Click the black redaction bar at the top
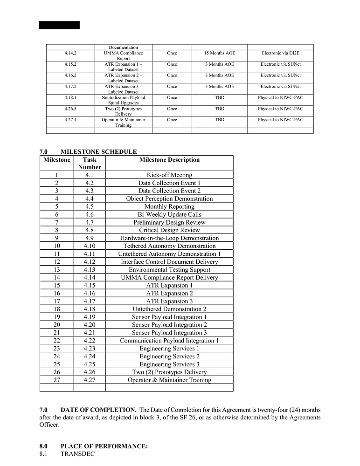tap(59, 25)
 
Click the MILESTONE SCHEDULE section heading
tap(98, 151)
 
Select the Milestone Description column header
tap(169, 160)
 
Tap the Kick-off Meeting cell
tap(169, 175)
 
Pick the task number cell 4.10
tap(90, 246)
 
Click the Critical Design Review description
tap(169, 230)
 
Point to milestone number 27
tap(56, 380)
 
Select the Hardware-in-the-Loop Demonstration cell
tap(169, 238)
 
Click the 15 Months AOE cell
tap(219, 53)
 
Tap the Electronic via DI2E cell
tap(280, 53)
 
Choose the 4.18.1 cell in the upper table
tap(70, 98)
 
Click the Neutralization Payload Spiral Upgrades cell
tap(124, 100)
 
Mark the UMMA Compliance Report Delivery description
tap(169, 278)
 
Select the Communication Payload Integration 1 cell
tap(169, 341)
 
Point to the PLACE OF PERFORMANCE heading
tap(104, 446)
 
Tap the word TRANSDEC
tap(77, 453)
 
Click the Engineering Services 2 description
tap(169, 356)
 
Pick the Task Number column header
tap(90, 163)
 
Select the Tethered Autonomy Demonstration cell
tap(169, 246)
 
